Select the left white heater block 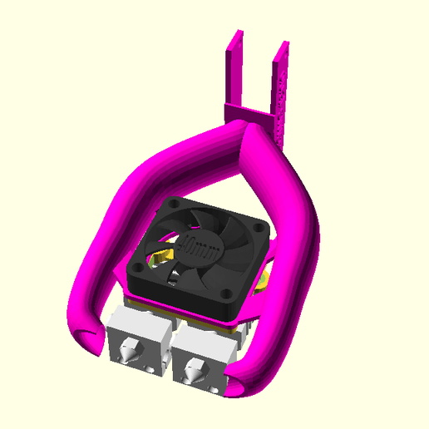click(140, 345)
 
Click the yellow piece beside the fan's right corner click(266, 279)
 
